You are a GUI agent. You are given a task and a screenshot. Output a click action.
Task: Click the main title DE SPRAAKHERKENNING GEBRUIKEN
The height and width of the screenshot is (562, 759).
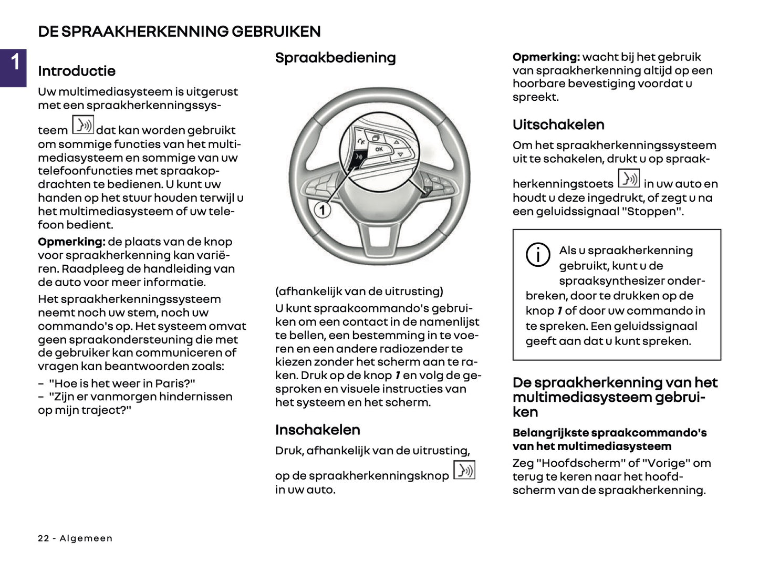pos(179,32)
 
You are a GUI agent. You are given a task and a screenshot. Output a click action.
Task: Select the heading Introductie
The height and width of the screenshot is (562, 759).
pos(77,71)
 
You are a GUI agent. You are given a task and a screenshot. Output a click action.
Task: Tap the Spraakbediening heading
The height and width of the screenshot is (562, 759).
pos(335,58)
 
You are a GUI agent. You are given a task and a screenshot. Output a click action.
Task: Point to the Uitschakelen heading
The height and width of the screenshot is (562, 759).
pos(558,124)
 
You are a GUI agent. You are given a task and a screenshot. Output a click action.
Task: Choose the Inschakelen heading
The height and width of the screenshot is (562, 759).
pos(317,430)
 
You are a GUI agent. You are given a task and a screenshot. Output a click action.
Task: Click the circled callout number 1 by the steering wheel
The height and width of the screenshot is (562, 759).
pos(322,211)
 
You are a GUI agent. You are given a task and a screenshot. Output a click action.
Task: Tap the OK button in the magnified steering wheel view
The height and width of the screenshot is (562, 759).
pos(379,149)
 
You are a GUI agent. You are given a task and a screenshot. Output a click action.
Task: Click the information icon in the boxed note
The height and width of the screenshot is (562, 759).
pos(538,255)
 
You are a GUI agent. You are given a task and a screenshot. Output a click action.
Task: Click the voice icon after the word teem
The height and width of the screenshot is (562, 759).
pos(83,125)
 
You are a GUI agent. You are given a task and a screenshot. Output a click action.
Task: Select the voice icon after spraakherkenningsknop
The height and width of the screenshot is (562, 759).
pos(464,470)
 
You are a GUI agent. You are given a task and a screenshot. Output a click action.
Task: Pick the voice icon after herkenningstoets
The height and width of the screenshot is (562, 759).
pos(628,179)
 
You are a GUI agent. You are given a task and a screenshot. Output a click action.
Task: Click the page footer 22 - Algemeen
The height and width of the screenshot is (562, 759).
pos(75,538)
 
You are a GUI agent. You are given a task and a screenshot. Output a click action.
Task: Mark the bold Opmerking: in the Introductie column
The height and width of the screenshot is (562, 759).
pos(71,242)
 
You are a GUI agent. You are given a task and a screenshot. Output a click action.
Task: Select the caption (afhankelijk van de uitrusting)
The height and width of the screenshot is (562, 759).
pos(359,292)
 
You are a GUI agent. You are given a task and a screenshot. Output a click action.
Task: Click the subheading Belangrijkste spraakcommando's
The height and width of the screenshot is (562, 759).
pos(609,433)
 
